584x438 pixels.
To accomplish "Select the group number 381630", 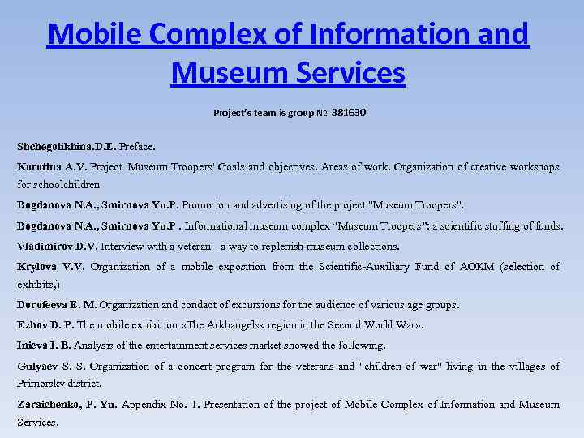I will point(349,112).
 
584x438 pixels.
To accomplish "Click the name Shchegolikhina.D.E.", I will point(67,147).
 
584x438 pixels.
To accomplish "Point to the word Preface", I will point(137,147).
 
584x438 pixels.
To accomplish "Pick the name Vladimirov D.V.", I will point(57,246).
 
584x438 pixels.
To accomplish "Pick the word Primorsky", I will point(43,383).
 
